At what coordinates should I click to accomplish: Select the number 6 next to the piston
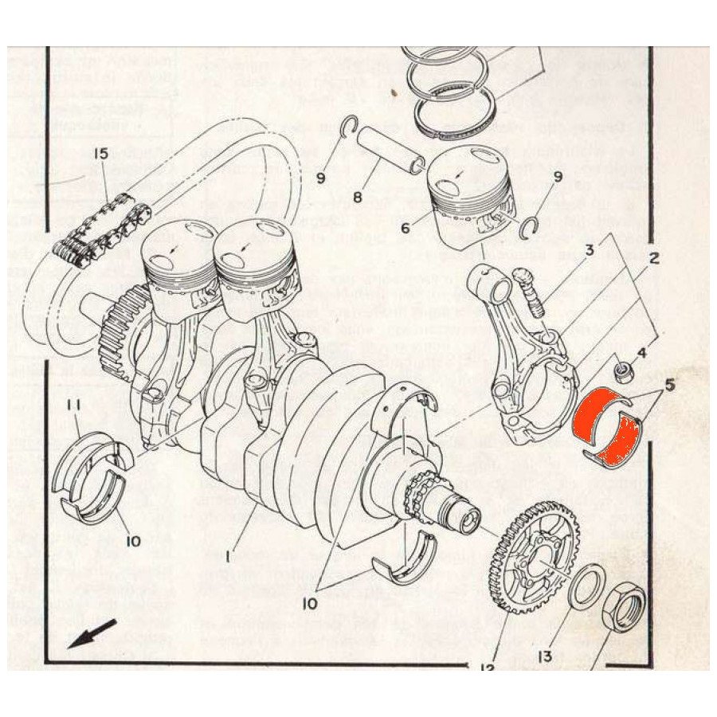[x=406, y=228]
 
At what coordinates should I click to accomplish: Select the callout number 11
[x=73, y=406]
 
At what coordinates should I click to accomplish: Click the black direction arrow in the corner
[x=89, y=633]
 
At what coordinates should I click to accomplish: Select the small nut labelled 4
[x=626, y=370]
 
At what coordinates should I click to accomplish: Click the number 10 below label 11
[x=132, y=541]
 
